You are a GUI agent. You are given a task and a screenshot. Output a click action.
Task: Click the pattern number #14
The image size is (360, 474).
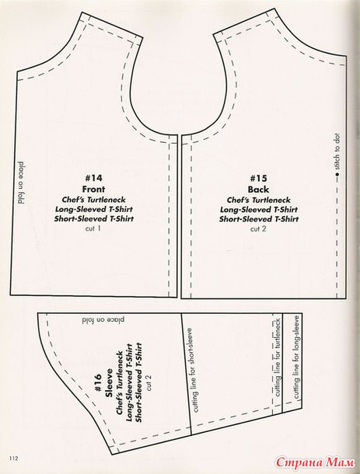[93, 178]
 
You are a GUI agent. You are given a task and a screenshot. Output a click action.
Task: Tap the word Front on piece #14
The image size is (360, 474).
[94, 190]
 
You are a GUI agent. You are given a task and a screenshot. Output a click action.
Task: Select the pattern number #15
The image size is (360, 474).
[258, 178]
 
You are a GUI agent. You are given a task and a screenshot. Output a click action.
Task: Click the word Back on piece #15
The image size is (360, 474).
[258, 190]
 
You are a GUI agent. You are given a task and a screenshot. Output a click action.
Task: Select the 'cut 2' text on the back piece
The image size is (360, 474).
[258, 228]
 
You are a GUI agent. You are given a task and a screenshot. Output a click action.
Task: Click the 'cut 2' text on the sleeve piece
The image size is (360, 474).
[149, 383]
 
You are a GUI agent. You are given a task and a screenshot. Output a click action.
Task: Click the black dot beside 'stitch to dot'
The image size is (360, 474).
[337, 174]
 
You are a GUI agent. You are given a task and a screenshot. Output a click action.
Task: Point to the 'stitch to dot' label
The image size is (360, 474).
[337, 152]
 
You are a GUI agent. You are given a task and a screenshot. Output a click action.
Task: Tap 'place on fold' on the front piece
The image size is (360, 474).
[21, 183]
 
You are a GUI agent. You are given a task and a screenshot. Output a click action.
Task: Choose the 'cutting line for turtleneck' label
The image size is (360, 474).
[278, 357]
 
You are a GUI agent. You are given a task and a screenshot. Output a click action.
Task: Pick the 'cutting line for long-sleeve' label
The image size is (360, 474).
[296, 357]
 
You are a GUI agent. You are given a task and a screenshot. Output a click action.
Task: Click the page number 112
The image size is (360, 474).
[14, 458]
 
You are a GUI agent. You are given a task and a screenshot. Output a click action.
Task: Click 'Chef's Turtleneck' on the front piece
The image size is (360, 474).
[93, 200]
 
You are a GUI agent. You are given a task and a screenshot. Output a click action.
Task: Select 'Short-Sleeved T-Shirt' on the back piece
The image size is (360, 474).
[259, 219]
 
